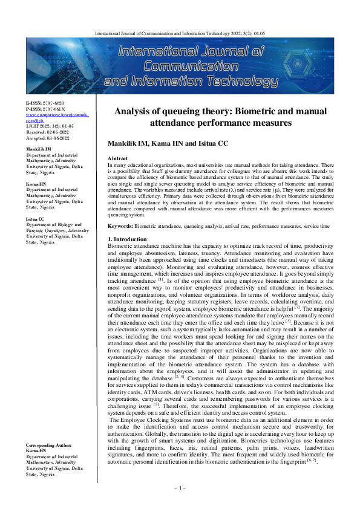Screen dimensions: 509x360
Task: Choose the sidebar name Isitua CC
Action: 35,220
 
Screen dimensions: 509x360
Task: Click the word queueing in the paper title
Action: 186,111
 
